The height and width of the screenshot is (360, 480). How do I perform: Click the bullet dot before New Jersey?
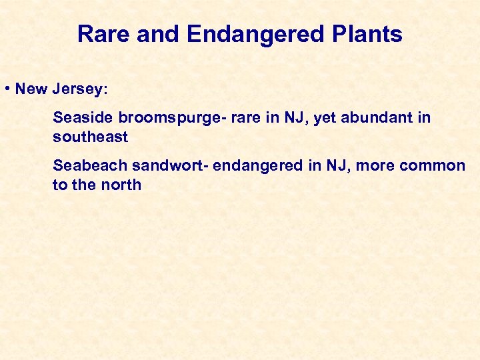pyautogui.click(x=6, y=89)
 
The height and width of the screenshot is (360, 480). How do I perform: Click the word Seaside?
pyautogui.click(x=83, y=118)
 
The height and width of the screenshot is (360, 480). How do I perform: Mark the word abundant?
pyautogui.click(x=376, y=118)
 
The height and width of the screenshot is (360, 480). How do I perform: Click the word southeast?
pyautogui.click(x=90, y=137)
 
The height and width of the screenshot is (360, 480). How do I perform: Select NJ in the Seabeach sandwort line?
pyautogui.click(x=335, y=165)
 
